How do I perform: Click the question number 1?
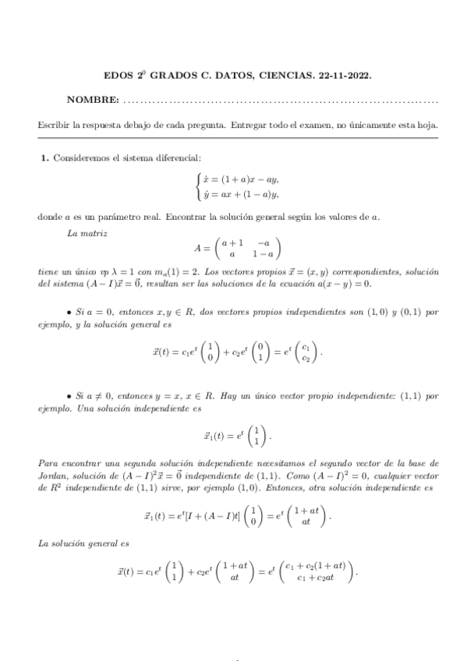pos(44,158)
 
